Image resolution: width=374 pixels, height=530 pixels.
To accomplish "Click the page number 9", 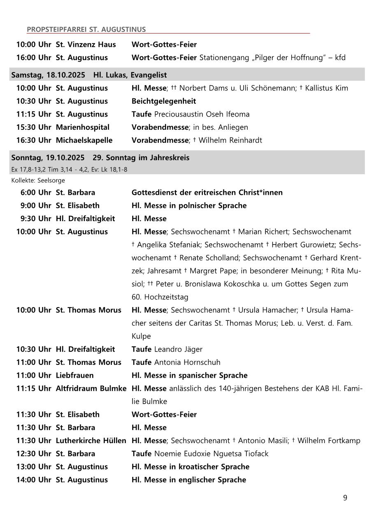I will pyautogui.click(x=345, y=498).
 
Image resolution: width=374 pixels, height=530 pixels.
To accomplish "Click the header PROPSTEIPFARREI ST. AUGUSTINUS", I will pyautogui.click(x=86, y=29).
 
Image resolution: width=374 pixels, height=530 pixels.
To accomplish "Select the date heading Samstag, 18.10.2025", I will pyautogui.click(x=48, y=75).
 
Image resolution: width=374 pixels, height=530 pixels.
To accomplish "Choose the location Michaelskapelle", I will pyautogui.click(x=84, y=140).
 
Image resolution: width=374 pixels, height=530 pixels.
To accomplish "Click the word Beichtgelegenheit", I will pyautogui.click(x=163, y=101).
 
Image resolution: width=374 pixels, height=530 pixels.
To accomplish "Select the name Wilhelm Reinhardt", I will pyautogui.click(x=230, y=140).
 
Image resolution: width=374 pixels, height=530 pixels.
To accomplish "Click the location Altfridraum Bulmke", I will pyautogui.click(x=91, y=388).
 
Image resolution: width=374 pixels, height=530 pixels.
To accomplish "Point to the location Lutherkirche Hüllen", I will pyautogui.click(x=91, y=441).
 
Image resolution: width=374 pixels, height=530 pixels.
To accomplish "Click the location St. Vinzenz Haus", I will pyautogui.click(x=86, y=44).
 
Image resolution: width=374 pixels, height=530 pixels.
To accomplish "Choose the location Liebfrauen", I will pyautogui.click(x=74, y=375).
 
